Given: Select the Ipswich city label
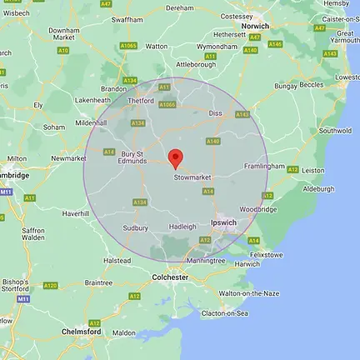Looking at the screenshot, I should pos(223,222).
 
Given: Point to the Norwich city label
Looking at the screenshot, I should pos(255,26).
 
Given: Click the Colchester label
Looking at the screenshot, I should pos(169,277).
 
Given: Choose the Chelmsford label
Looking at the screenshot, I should pos(82,331).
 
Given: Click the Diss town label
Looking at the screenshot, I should pos(217,112).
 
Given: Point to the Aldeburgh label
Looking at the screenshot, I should pos(318,189).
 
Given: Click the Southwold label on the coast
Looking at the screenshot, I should pos(335,131).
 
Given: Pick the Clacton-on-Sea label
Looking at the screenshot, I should pos(225,312).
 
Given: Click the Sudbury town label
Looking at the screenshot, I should pos(135,227).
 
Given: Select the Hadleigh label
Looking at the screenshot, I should pos(182,226).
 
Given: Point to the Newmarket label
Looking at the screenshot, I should pos(68,158).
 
